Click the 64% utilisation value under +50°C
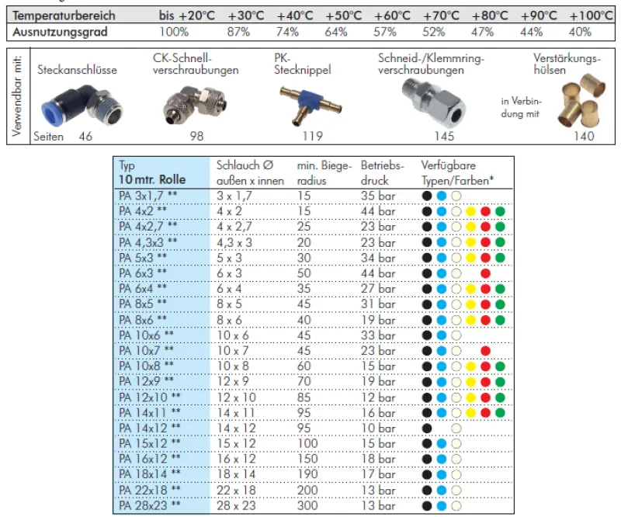click(336, 32)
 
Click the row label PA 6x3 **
click(143, 272)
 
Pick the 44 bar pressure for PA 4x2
click(378, 210)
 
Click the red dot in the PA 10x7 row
click(485, 350)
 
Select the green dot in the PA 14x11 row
click(500, 412)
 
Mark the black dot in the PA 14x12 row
click(427, 428)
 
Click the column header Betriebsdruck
click(383, 172)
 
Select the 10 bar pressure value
click(378, 428)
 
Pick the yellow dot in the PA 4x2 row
click(470, 210)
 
